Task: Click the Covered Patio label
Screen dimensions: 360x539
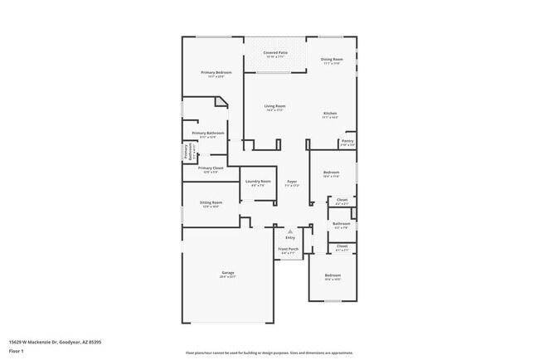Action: [x=275, y=52]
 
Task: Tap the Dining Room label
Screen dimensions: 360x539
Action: [x=332, y=60]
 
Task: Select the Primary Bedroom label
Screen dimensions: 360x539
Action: [x=216, y=73]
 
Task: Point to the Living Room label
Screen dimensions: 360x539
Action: [x=275, y=106]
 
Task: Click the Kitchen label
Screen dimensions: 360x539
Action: [x=329, y=114]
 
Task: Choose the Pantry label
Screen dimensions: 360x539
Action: [x=347, y=141]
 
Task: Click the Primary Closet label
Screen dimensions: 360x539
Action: [x=211, y=168]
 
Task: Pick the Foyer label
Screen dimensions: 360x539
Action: [x=292, y=182]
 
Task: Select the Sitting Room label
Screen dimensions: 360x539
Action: [x=211, y=202]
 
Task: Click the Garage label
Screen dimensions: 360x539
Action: [x=228, y=273]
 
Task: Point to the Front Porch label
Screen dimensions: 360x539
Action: [x=288, y=250]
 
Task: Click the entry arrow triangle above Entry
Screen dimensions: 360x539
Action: [x=289, y=231]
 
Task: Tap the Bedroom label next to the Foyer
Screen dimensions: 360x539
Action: [x=331, y=173]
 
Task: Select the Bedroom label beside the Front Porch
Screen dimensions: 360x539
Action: [x=333, y=275]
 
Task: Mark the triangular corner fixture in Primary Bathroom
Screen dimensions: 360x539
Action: [x=220, y=104]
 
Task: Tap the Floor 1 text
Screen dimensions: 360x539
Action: [x=16, y=351]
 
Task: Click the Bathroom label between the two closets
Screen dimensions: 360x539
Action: [x=342, y=223]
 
